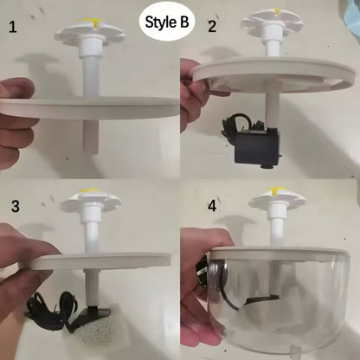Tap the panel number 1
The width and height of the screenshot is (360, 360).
13,27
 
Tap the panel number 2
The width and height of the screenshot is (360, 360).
212,27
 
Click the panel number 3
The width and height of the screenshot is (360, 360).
14,208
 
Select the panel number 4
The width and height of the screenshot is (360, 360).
213,208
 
